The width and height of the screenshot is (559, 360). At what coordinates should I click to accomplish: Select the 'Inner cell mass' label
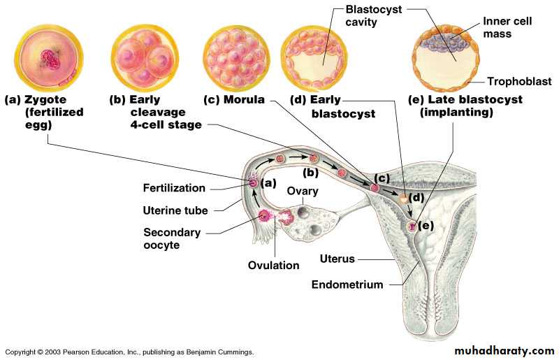click(507, 27)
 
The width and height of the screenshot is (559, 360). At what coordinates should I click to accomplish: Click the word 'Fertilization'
click(174, 188)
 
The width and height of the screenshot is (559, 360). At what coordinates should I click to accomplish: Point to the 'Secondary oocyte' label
click(172, 238)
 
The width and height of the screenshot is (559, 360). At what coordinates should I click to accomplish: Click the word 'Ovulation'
click(273, 266)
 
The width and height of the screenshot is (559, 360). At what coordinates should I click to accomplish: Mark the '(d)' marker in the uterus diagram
click(417, 197)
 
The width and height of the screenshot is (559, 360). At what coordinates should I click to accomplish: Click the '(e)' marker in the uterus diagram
click(426, 225)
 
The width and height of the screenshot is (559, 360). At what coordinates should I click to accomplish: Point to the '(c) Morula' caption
click(233, 100)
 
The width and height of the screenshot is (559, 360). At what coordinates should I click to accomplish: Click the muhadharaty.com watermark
click(504, 350)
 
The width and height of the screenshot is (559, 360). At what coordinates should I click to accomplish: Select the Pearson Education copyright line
click(129, 352)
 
